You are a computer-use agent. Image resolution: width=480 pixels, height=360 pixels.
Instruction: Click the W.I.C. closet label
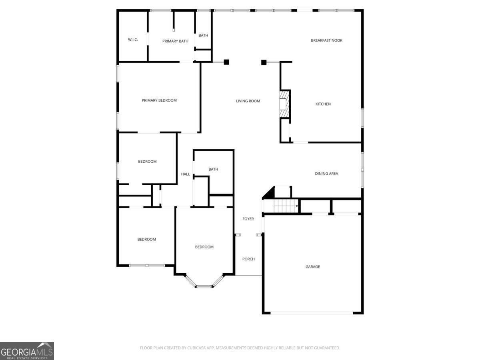[133, 40]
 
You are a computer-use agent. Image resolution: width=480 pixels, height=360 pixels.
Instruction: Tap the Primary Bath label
[175, 41]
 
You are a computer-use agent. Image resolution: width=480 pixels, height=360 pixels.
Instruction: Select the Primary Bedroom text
[159, 100]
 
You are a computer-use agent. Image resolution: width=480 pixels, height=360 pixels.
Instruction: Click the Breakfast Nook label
[326, 40]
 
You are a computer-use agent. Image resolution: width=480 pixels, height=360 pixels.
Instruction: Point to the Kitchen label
[323, 104]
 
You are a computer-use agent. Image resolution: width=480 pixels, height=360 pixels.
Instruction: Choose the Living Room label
[248, 101]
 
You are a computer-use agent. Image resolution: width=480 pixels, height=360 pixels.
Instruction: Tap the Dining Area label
[326, 174]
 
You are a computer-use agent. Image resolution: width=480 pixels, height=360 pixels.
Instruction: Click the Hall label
[186, 174]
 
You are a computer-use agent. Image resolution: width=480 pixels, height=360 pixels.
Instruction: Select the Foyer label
[248, 219]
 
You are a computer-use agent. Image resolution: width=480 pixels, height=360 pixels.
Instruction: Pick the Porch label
[248, 259]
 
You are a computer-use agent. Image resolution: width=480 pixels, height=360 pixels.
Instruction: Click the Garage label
[312, 267]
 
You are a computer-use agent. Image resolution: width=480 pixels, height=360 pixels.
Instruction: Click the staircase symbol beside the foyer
[286, 206]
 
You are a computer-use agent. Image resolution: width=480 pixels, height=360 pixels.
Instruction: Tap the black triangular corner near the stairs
[270, 194]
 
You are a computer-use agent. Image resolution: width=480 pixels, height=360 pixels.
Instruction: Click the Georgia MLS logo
[27, 351]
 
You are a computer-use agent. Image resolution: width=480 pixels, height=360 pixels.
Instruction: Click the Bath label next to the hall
[213, 169]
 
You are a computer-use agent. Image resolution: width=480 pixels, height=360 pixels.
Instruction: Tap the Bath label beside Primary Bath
[203, 36]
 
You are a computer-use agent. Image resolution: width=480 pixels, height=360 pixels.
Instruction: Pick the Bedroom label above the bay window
[204, 247]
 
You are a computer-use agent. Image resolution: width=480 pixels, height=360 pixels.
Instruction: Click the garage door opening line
[312, 313]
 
